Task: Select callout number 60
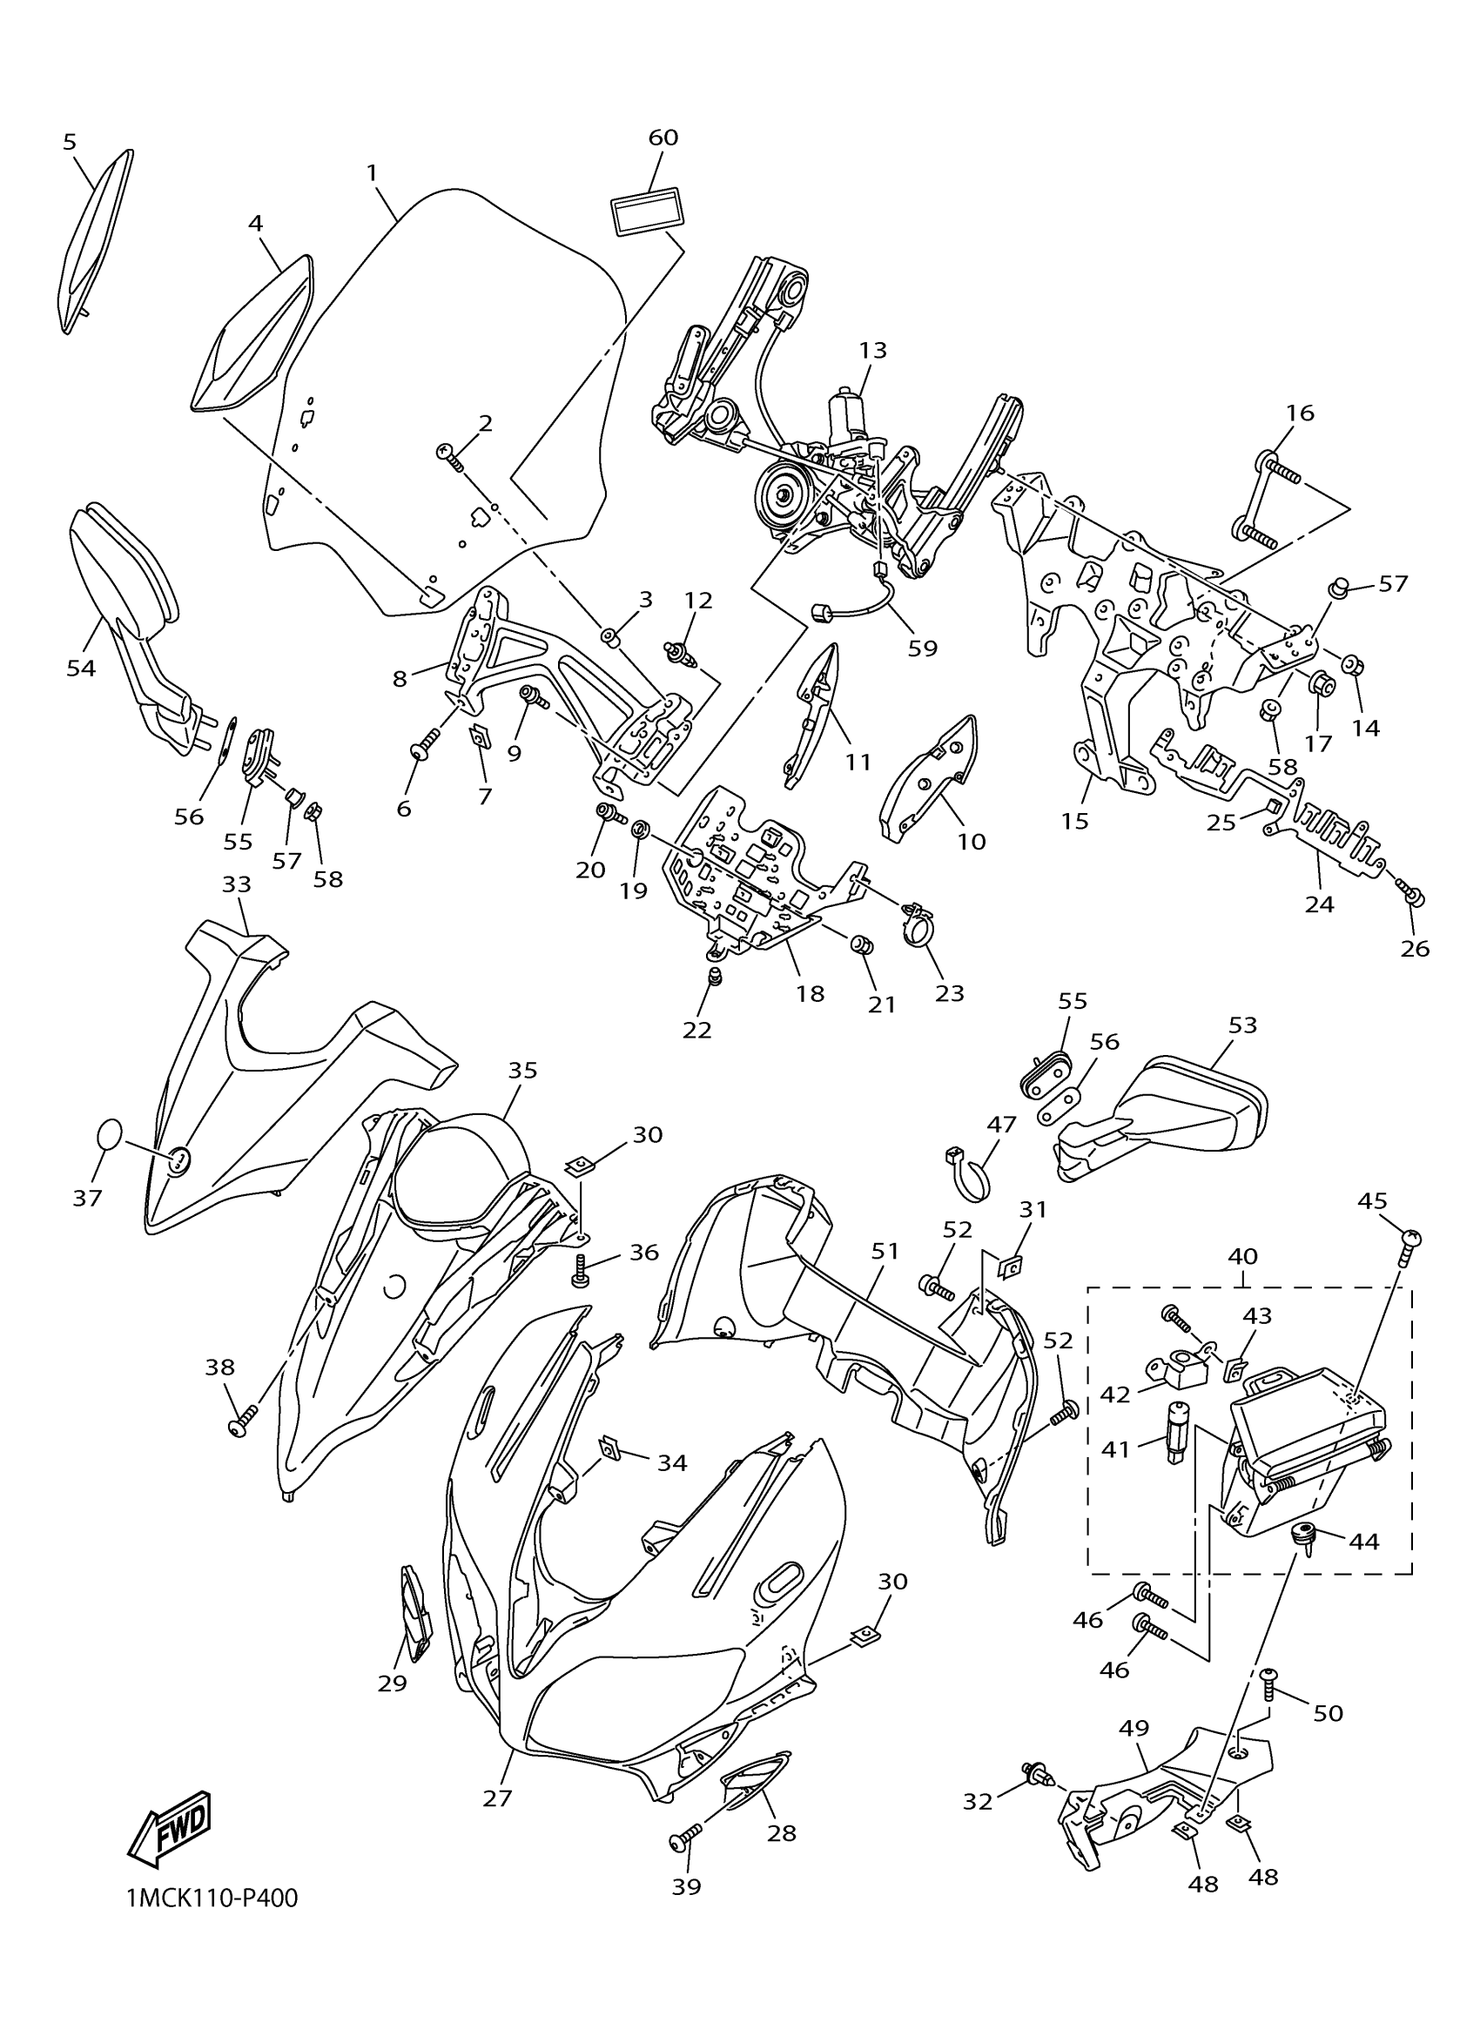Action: coord(663,138)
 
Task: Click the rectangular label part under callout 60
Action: coord(647,212)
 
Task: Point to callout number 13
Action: coord(872,350)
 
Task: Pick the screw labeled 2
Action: coord(449,457)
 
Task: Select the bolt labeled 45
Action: coord(1409,1244)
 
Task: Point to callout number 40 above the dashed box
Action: coord(1242,1256)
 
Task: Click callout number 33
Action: coord(236,885)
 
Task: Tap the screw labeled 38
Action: coord(243,1422)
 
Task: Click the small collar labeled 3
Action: coord(609,639)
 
